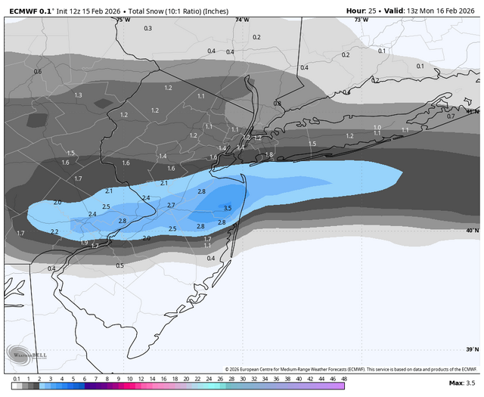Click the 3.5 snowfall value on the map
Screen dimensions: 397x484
[x=228, y=208]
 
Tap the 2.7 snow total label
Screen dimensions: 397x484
[x=171, y=205]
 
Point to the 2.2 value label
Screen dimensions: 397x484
[x=54, y=231]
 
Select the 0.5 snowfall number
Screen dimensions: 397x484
[x=119, y=265]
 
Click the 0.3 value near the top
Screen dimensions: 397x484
[x=147, y=28]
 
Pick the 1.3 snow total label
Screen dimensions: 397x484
[x=78, y=95]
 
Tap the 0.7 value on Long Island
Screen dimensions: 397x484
[x=451, y=116]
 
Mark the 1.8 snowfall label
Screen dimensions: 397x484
[x=268, y=155]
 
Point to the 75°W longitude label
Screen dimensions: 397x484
[x=123, y=20]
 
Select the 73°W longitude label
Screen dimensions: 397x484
[x=361, y=20]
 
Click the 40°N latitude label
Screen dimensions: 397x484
[x=472, y=231]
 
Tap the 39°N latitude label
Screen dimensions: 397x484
[x=472, y=349]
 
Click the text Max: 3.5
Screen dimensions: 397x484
[x=461, y=384]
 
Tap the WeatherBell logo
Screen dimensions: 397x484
[x=22, y=354]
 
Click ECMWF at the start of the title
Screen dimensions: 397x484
[x=21, y=10]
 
